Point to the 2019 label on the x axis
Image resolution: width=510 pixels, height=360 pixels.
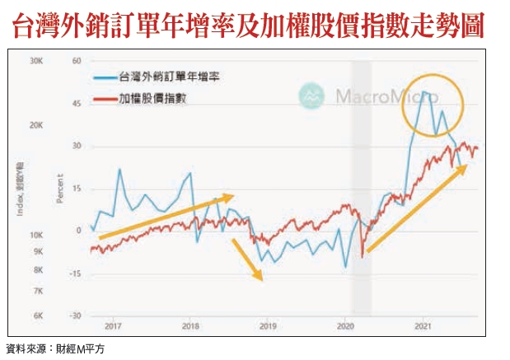pos(268,326)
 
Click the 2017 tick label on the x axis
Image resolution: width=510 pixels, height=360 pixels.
pos(113,326)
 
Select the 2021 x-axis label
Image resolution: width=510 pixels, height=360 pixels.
pos(423,326)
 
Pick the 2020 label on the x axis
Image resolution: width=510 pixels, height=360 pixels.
pos(345,326)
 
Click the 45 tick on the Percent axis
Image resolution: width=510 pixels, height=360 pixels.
pos(76,103)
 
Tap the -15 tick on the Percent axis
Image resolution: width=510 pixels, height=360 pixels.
pos(74,274)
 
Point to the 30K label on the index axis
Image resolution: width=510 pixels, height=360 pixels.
pos(35,61)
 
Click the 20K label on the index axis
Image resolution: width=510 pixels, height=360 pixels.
pos(35,125)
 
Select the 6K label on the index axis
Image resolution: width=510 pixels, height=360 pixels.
pos(38,316)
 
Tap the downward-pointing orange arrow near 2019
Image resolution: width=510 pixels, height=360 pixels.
pos(248,260)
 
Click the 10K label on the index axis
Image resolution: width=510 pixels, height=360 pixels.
pos(35,235)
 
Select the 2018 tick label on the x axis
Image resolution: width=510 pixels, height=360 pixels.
pos(190,326)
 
